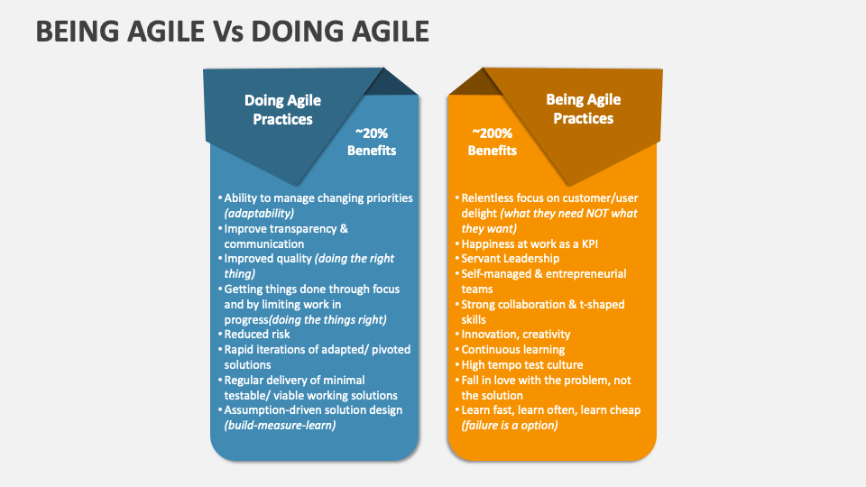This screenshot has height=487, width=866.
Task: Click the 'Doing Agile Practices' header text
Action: tap(282, 110)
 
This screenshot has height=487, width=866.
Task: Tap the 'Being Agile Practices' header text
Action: tap(584, 109)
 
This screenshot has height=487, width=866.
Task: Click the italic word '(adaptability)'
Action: tap(259, 213)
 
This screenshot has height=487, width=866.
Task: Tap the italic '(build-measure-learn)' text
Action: tap(280, 425)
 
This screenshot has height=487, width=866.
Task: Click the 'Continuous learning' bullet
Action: tap(512, 349)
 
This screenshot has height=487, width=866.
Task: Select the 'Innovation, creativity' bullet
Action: tap(515, 334)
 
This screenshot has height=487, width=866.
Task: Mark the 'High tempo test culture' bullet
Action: tap(521, 364)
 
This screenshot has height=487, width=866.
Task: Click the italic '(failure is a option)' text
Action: tap(509, 425)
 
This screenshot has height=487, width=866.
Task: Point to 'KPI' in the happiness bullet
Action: tap(591, 243)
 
